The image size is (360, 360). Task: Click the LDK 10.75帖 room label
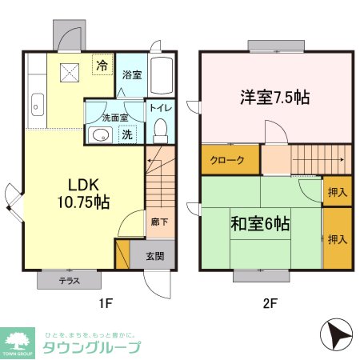78,191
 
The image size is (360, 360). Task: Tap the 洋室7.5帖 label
274,98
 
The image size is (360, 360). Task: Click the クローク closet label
227,160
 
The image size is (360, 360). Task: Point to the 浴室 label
132,75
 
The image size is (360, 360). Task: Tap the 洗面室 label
105,117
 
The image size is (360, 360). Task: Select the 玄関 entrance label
154,256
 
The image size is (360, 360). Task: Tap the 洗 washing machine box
126,134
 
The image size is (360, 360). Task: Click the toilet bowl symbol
158,129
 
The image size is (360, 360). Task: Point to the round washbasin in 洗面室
99,135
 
